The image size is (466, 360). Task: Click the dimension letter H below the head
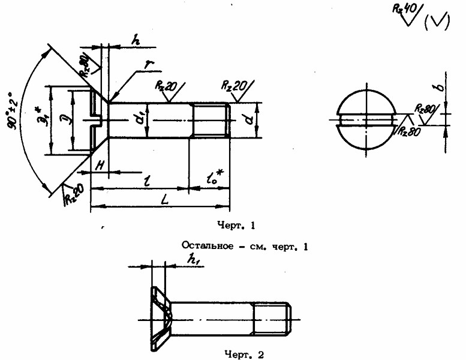click(100, 164)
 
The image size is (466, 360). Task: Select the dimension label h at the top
click(136, 41)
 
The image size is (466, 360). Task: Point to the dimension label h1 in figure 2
click(193, 259)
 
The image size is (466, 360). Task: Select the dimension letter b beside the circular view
click(440, 88)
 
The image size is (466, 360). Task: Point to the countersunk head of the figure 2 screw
click(160, 319)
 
